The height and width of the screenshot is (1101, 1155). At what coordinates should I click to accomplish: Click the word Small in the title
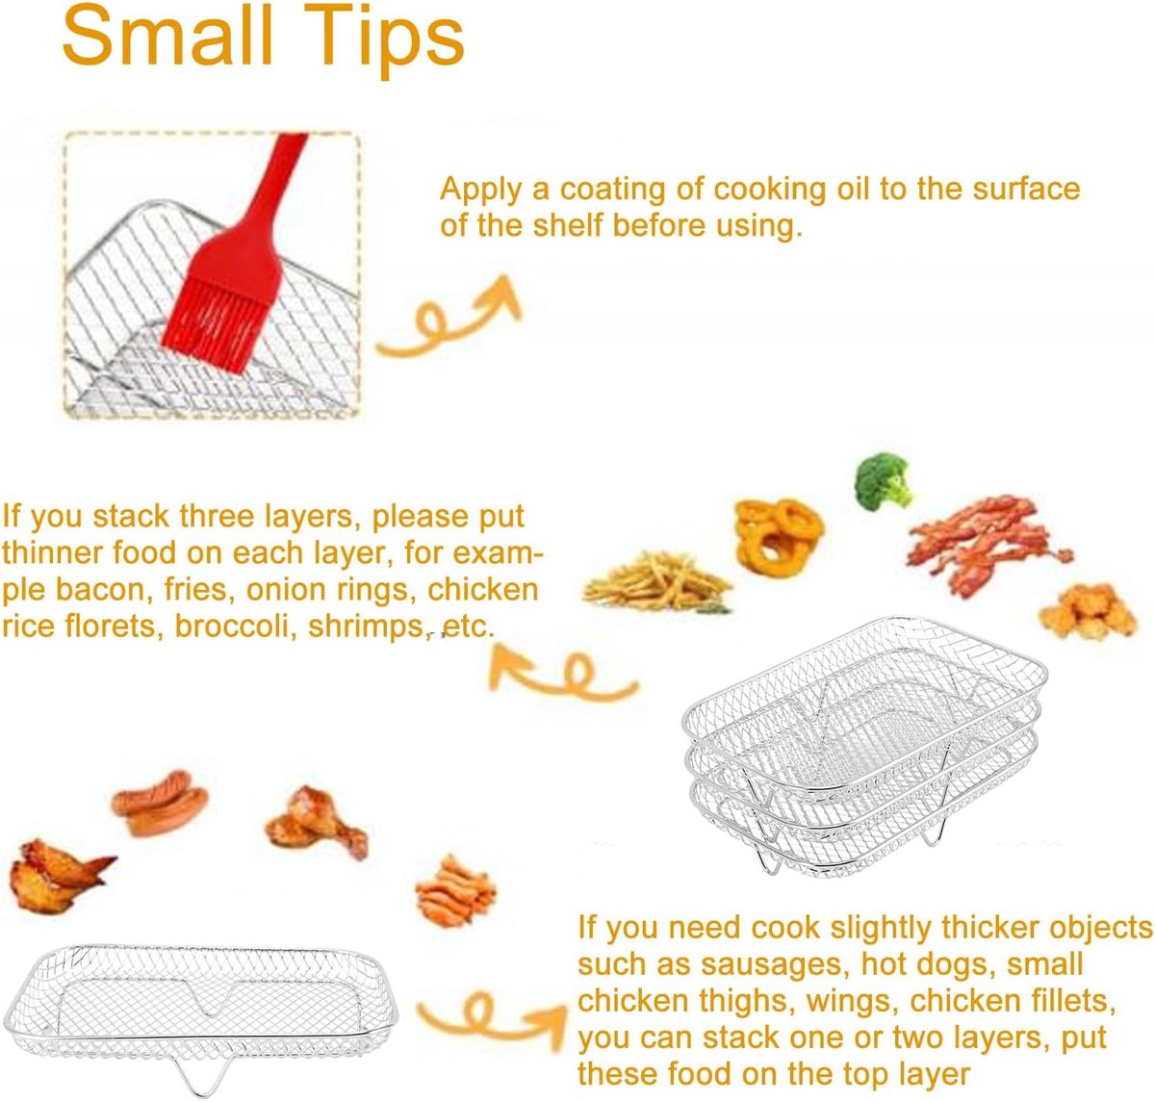click(168, 36)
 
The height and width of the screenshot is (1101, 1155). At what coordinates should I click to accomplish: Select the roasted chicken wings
click(56, 876)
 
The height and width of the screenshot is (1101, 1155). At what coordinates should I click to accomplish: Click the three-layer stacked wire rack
click(863, 746)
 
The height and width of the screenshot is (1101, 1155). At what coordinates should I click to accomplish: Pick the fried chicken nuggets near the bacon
click(1088, 611)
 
